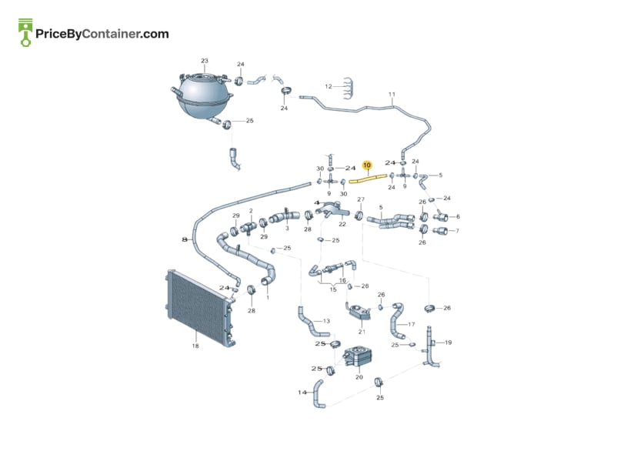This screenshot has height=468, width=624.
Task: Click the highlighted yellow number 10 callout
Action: pos(367,165)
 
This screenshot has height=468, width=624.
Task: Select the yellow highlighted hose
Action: pos(368,179)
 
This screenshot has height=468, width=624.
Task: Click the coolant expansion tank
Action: pos(202,95)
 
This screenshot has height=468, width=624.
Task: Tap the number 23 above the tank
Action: pos(204,61)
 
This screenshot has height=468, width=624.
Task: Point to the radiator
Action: pos(200,309)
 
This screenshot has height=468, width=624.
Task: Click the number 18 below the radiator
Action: pos(195,346)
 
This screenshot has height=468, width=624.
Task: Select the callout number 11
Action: pos(392,95)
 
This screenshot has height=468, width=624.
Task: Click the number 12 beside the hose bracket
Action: pos(329,86)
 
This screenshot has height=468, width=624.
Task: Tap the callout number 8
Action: pos(184,239)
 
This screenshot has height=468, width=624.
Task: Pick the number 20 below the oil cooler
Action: pos(359,377)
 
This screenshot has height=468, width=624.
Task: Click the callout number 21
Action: pos(362,332)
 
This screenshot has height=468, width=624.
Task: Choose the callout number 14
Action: pos(302,393)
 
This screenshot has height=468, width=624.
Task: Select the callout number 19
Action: pos(448,343)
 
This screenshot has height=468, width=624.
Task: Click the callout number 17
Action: pos(411,324)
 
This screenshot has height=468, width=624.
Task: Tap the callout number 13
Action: pos(326,321)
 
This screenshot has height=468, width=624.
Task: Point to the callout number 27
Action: pos(361,199)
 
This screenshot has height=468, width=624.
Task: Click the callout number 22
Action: pos(342,224)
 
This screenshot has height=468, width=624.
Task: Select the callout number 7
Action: pos(457,231)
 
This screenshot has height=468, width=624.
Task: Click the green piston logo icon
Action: pos(25,32)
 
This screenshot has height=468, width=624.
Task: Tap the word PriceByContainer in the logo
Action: pos(87,34)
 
